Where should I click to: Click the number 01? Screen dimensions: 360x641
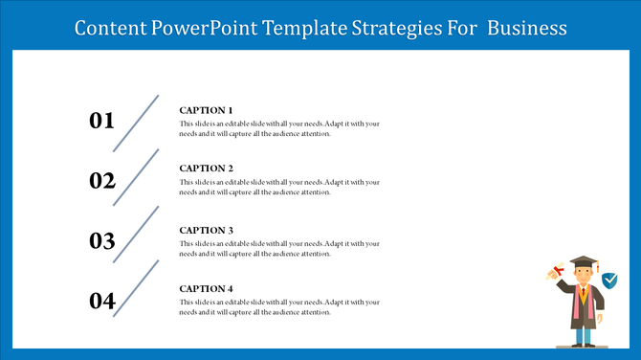point(101,121)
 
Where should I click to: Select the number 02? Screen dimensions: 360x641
point(101,181)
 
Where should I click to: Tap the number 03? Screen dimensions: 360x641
point(101,241)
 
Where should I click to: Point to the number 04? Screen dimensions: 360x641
point(101,302)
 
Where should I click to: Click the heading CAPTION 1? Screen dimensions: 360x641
point(206,110)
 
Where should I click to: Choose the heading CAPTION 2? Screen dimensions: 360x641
point(206,169)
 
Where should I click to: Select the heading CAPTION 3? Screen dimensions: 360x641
point(206,230)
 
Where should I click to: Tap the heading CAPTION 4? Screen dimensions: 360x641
point(206,288)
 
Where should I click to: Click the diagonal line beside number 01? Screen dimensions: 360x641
point(136,123)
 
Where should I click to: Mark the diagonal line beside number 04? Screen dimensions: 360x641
point(136,287)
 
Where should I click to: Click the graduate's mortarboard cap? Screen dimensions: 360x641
point(583,262)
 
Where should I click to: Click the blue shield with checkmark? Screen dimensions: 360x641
point(609,280)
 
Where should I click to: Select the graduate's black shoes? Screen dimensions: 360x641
point(583,344)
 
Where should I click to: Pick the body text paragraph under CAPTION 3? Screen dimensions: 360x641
point(279,249)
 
